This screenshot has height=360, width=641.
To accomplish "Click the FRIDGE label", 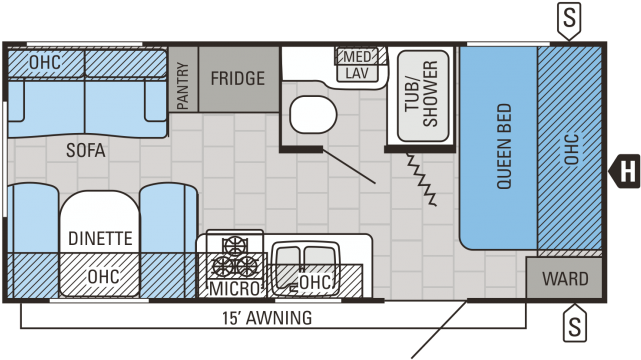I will [237, 78].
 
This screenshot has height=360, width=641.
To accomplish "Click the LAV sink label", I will [356, 73].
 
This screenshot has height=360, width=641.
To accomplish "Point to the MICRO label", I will [234, 290].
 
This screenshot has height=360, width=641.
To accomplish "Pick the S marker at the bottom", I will [574, 324].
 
